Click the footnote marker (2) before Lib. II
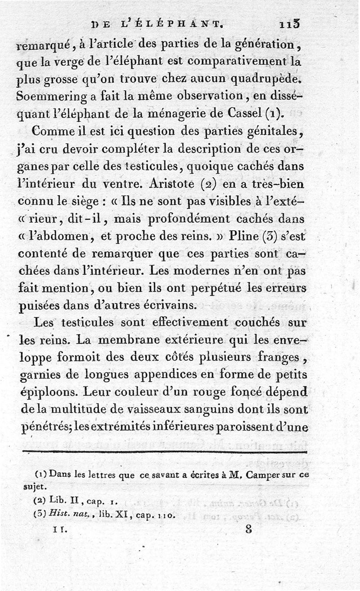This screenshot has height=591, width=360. [40, 500]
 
